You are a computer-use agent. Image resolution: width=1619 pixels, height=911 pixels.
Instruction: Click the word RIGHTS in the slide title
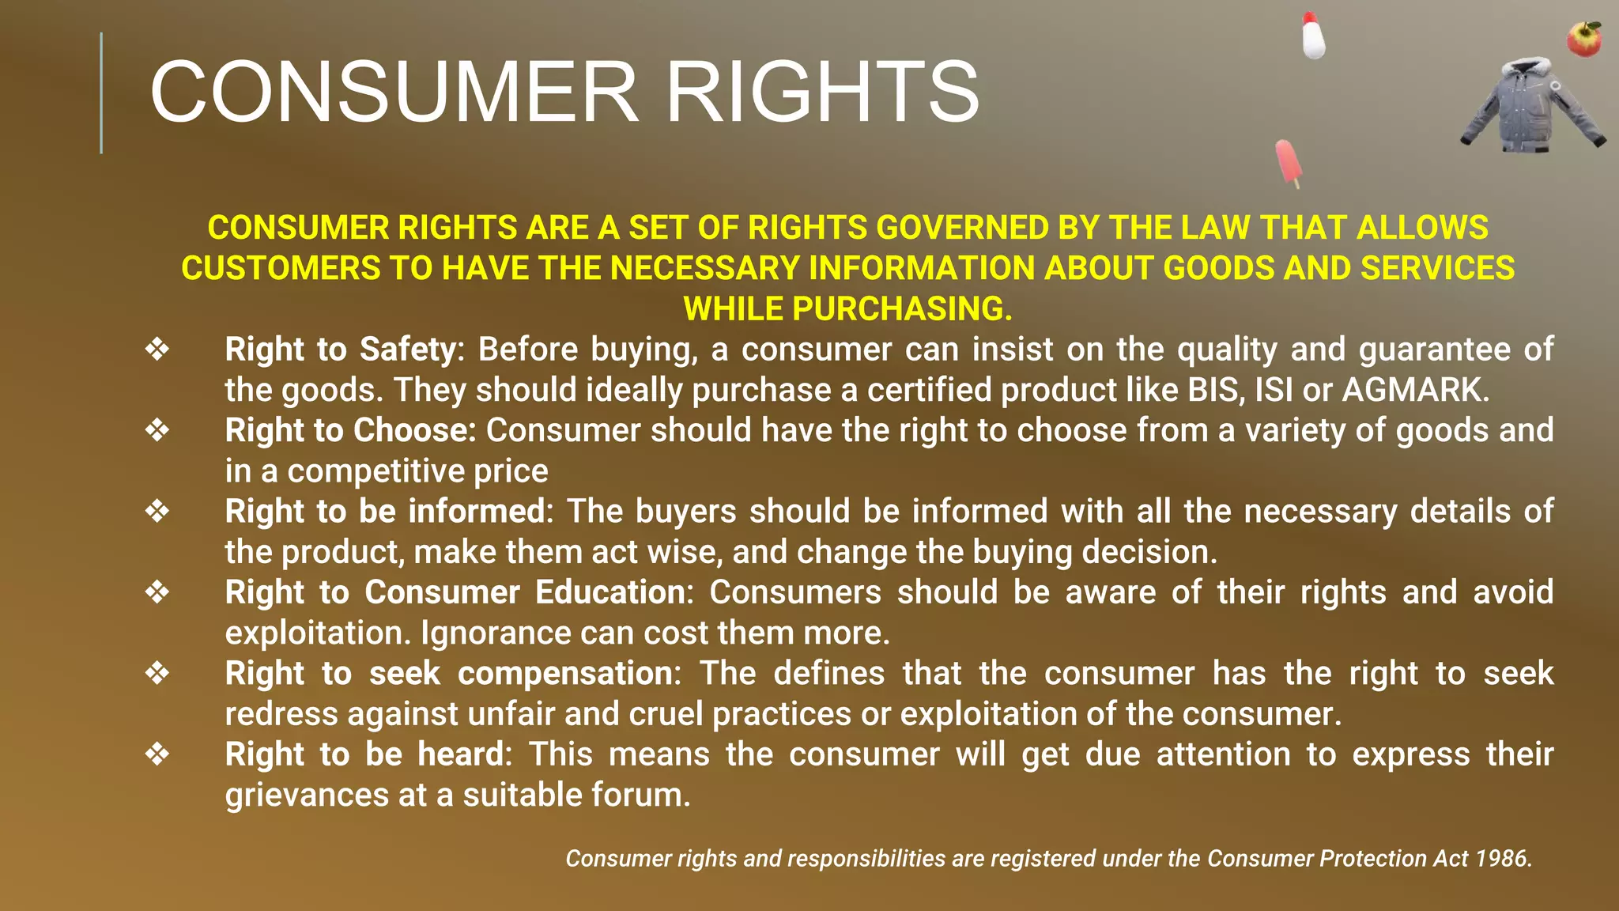pos(822,93)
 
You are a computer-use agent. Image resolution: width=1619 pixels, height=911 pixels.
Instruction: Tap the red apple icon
pos(1584,40)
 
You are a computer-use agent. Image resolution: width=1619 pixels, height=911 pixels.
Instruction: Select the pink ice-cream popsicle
pos(1288,163)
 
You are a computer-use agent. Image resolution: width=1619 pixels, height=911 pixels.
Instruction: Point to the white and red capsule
pos(1313,36)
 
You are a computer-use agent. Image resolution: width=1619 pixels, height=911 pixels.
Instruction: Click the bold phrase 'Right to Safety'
pos(341,350)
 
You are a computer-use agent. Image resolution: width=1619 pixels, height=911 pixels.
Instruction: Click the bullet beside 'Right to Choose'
pos(157,431)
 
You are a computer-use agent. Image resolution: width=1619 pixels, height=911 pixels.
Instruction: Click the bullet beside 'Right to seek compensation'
pos(157,674)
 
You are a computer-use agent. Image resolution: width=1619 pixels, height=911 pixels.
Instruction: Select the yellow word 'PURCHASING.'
pos(901,309)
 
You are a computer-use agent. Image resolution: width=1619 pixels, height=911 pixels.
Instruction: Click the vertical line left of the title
pos(101,93)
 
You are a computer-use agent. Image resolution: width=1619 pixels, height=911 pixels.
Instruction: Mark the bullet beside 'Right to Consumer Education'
pos(157,592)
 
